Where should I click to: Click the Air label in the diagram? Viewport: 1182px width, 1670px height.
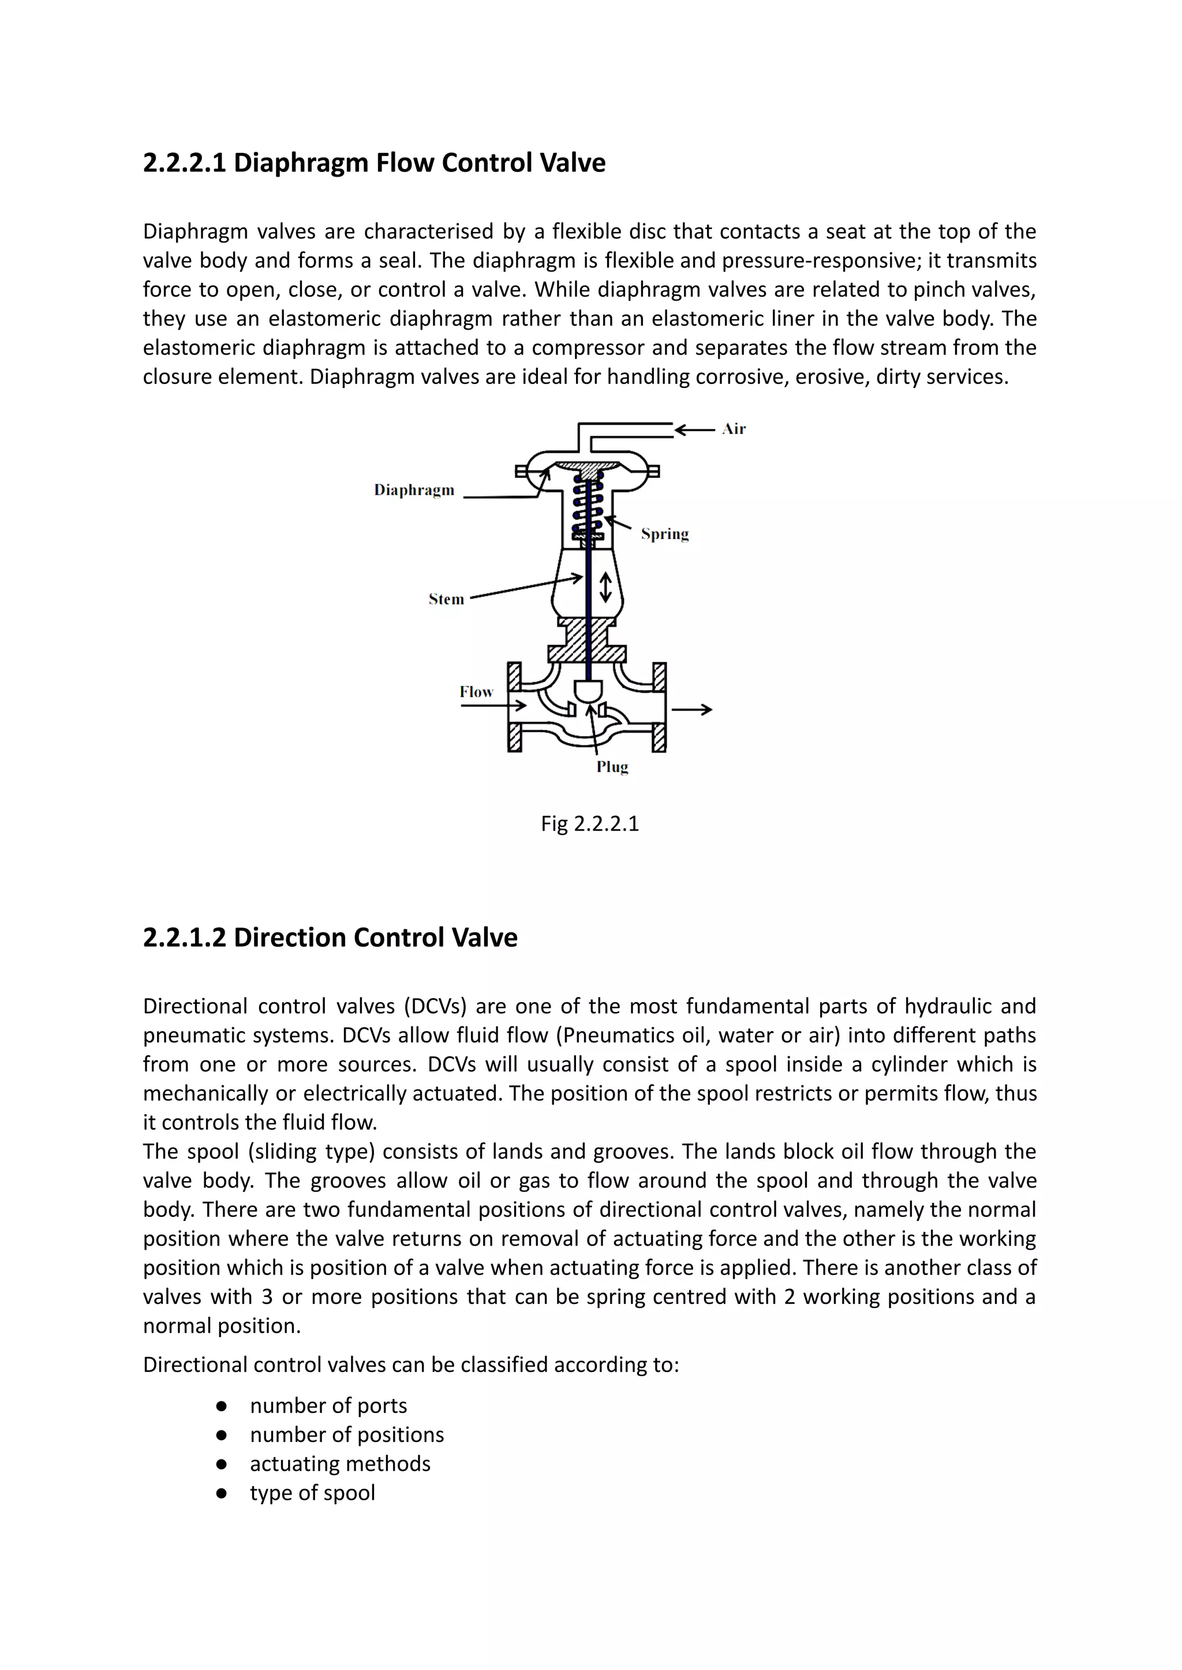pyautogui.click(x=734, y=429)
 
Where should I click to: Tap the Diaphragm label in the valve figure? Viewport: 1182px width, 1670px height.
pyautogui.click(x=414, y=490)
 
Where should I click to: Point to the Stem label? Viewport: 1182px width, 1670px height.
pyautogui.click(x=446, y=599)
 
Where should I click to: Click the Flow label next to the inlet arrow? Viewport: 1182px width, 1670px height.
pyautogui.click(x=476, y=692)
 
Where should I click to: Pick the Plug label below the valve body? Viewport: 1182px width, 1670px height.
pyautogui.click(x=612, y=767)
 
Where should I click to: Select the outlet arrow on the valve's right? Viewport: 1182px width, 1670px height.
pyautogui.click(x=691, y=709)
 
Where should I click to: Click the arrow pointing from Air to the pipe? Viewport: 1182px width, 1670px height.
pyautogui.click(x=695, y=429)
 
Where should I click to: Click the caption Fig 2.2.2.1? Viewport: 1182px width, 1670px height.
pyautogui.click(x=589, y=823)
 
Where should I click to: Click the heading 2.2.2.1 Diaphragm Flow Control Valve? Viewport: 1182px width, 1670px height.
pyautogui.click(x=374, y=162)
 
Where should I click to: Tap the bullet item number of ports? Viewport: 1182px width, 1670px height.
pyautogui.click(x=328, y=1405)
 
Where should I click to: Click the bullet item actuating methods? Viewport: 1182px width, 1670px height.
pyautogui.click(x=340, y=1463)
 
